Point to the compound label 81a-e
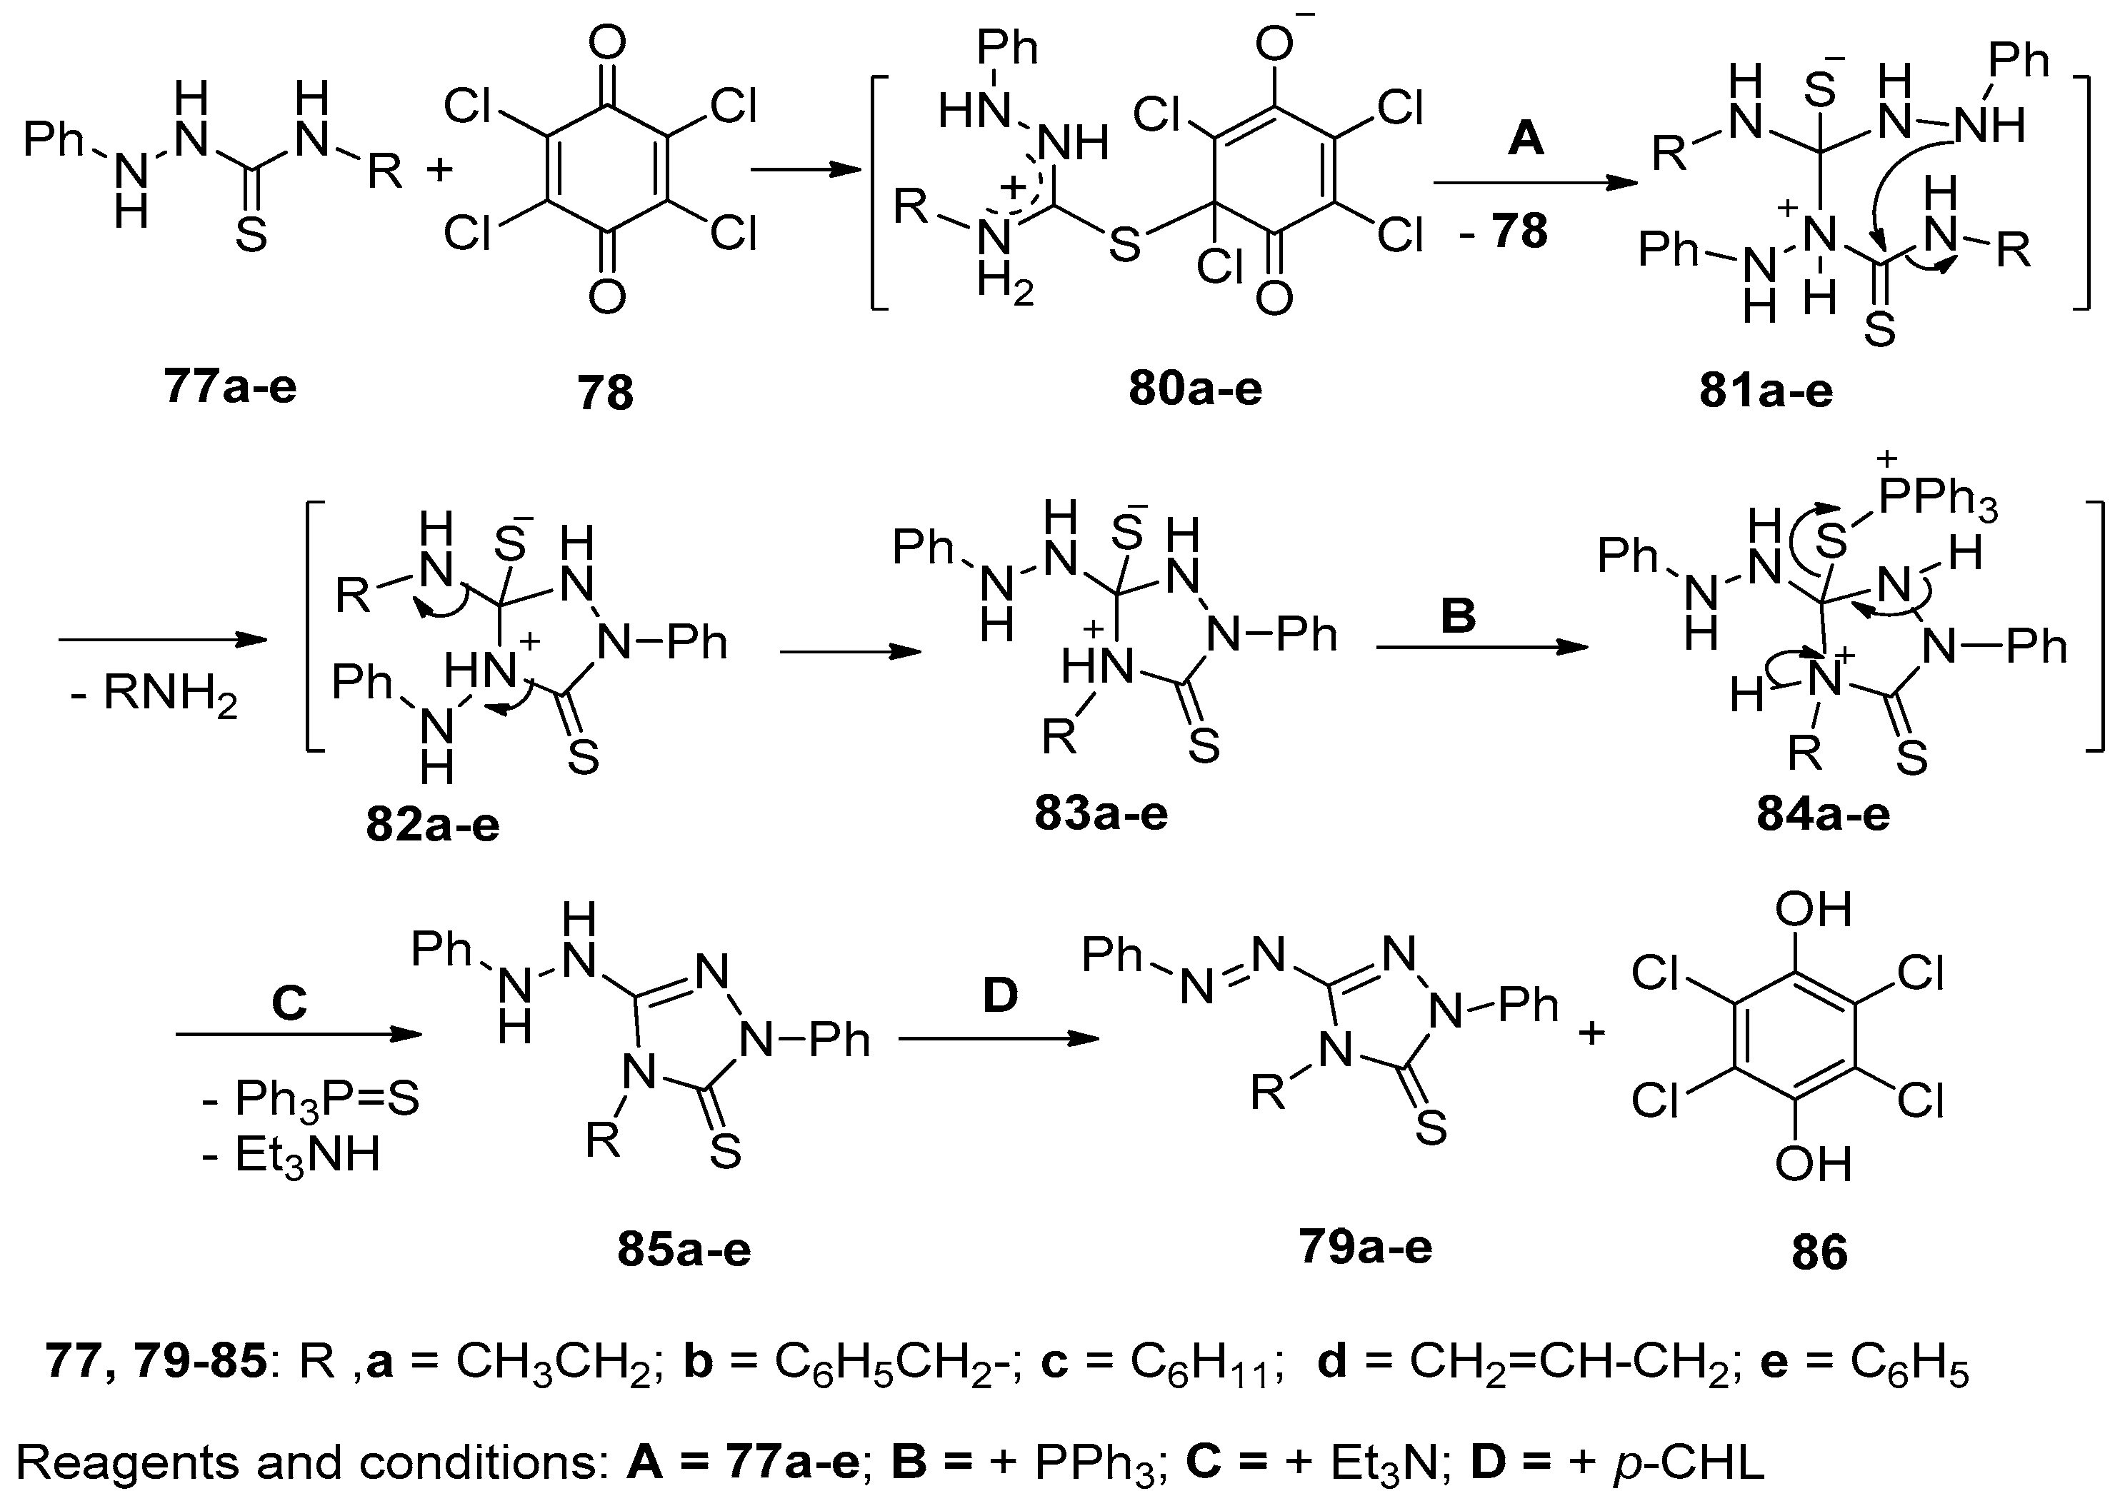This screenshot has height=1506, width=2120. [1766, 391]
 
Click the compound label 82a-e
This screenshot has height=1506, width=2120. [432, 823]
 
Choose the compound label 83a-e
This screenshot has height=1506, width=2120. [1101, 813]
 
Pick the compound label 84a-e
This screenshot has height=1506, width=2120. [1822, 813]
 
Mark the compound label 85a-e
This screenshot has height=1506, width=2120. [684, 1249]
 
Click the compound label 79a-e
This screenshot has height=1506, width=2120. [1365, 1245]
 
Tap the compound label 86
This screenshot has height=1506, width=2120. [1819, 1252]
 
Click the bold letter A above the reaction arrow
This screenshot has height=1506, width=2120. [1526, 139]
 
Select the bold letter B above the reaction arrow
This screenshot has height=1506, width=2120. [1458, 616]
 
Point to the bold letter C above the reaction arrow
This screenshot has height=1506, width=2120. [289, 1003]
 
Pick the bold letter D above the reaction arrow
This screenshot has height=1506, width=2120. [1000, 996]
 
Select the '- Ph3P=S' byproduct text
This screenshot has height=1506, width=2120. [310, 1099]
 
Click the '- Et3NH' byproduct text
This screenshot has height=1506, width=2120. [291, 1155]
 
